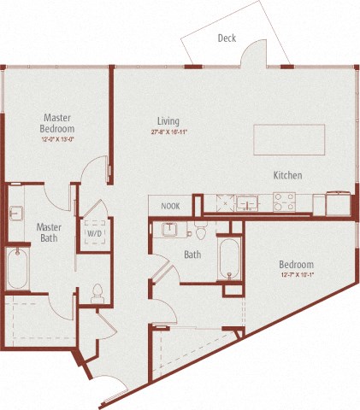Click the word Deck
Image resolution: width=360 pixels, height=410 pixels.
tap(227, 38)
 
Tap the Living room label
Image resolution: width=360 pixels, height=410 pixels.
tap(168, 121)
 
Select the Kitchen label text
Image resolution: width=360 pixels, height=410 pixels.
tap(287, 175)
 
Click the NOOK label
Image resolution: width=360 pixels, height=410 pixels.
tap(171, 206)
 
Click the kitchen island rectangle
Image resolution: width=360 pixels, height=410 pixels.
tap(290, 138)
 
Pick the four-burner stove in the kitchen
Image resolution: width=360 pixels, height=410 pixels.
tap(284, 203)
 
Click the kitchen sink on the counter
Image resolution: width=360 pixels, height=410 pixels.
tap(249, 203)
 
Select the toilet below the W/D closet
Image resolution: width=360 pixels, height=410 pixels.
tap(97, 293)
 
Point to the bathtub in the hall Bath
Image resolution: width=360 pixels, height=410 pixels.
tap(229, 258)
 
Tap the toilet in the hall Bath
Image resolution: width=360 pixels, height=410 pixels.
tap(200, 230)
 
